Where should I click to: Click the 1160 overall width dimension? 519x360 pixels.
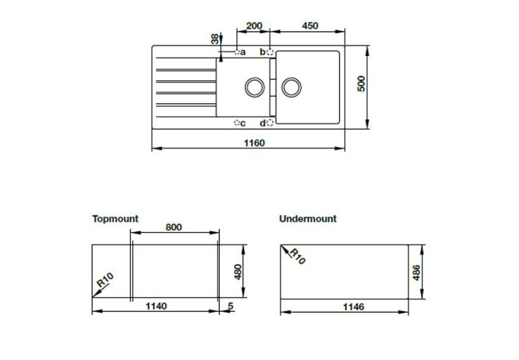point(254,143)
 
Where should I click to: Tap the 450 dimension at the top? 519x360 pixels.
point(310,26)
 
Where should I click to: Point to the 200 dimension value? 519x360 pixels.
point(254,26)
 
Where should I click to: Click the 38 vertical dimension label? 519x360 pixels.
point(215,39)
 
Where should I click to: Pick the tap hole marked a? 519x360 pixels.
point(237,52)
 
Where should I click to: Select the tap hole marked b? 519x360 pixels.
point(271,52)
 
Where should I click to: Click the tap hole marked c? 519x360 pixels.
point(237,123)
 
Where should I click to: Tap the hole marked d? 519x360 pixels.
point(271,123)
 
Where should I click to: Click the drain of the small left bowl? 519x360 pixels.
point(253,86)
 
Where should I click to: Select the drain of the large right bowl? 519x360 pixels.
point(292,86)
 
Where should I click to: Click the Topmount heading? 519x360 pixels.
point(115,219)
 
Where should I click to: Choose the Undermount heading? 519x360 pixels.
point(308,219)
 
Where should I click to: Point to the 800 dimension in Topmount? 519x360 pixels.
point(173,227)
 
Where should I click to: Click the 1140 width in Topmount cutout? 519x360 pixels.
point(156,306)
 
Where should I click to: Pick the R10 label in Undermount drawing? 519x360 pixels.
point(296,256)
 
